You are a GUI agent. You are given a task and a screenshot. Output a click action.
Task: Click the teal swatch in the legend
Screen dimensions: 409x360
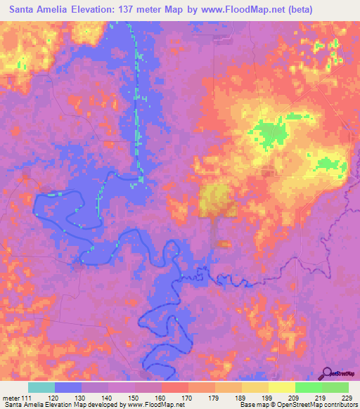pos(41,387)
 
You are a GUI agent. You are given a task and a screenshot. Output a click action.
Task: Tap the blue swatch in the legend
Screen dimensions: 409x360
pos(68,387)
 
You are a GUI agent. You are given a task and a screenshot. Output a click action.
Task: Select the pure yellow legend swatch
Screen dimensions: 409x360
pos(282,387)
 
